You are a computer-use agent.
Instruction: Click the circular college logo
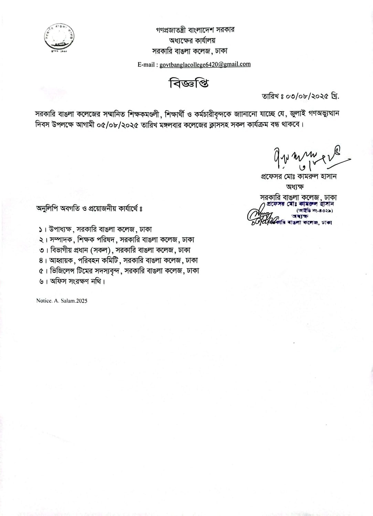click(59, 39)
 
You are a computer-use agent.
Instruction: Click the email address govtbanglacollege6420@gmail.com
click(205, 64)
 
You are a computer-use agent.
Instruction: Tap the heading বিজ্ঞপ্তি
click(189, 84)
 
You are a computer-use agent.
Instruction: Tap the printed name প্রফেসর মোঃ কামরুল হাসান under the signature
click(298, 176)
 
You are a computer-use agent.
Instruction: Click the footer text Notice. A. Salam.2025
click(62, 301)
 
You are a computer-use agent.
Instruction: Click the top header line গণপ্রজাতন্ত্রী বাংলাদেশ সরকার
click(195, 30)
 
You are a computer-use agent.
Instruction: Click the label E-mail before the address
click(147, 65)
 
